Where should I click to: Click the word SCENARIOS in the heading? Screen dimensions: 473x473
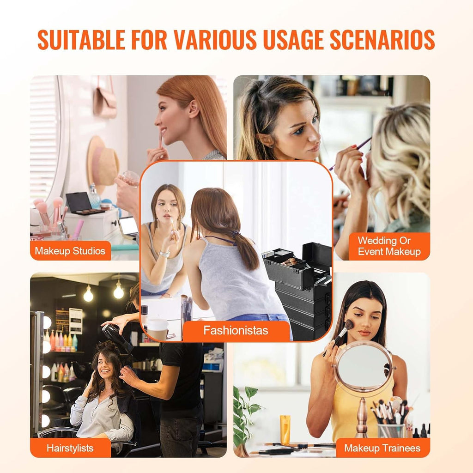[382, 40]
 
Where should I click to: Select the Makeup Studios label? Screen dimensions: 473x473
[70, 251]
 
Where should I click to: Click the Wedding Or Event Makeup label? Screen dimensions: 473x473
[389, 246]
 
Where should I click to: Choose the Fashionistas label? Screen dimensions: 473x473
[236, 330]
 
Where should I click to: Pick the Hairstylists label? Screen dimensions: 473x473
[70, 448]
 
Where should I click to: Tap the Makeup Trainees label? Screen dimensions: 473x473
[382, 448]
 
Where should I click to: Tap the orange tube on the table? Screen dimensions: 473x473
[285, 429]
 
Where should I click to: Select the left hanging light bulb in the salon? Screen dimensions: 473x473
[88, 294]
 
